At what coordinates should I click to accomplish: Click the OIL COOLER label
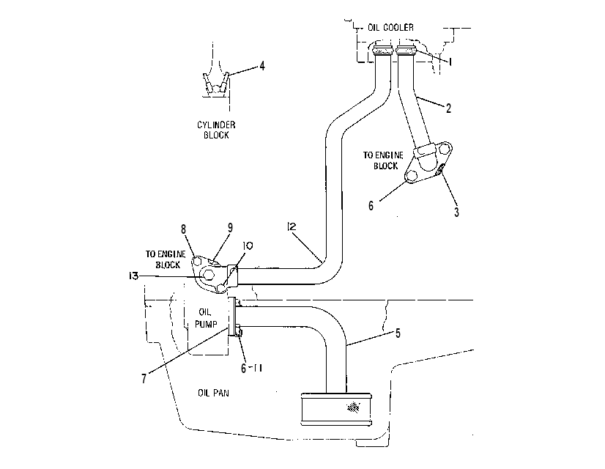pos(390,27)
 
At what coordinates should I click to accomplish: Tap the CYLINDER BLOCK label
pos(216,130)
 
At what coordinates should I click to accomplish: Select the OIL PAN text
pos(213,393)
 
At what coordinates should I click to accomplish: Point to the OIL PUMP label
pos(206,318)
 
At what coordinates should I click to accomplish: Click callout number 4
pos(262,66)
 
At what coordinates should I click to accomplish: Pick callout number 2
pos(448,108)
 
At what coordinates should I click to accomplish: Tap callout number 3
pos(456,212)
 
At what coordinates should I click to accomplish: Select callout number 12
pos(292,226)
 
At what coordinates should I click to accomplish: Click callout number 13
pos(133,276)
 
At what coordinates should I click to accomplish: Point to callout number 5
pos(398,333)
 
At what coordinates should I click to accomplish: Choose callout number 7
pos(144,379)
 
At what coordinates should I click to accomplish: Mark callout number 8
pos(183,229)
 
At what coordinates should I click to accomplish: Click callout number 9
pos(230,228)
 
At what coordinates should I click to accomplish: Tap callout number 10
pos(248,246)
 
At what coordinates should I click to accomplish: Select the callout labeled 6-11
pos(251,369)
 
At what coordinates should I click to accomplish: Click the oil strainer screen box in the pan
pos(336,409)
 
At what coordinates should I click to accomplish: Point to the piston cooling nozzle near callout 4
pos(216,84)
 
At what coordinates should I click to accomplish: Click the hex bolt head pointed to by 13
pos(208,275)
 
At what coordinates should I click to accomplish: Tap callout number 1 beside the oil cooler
pos(450,61)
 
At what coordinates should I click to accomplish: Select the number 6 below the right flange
pos(371,206)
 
